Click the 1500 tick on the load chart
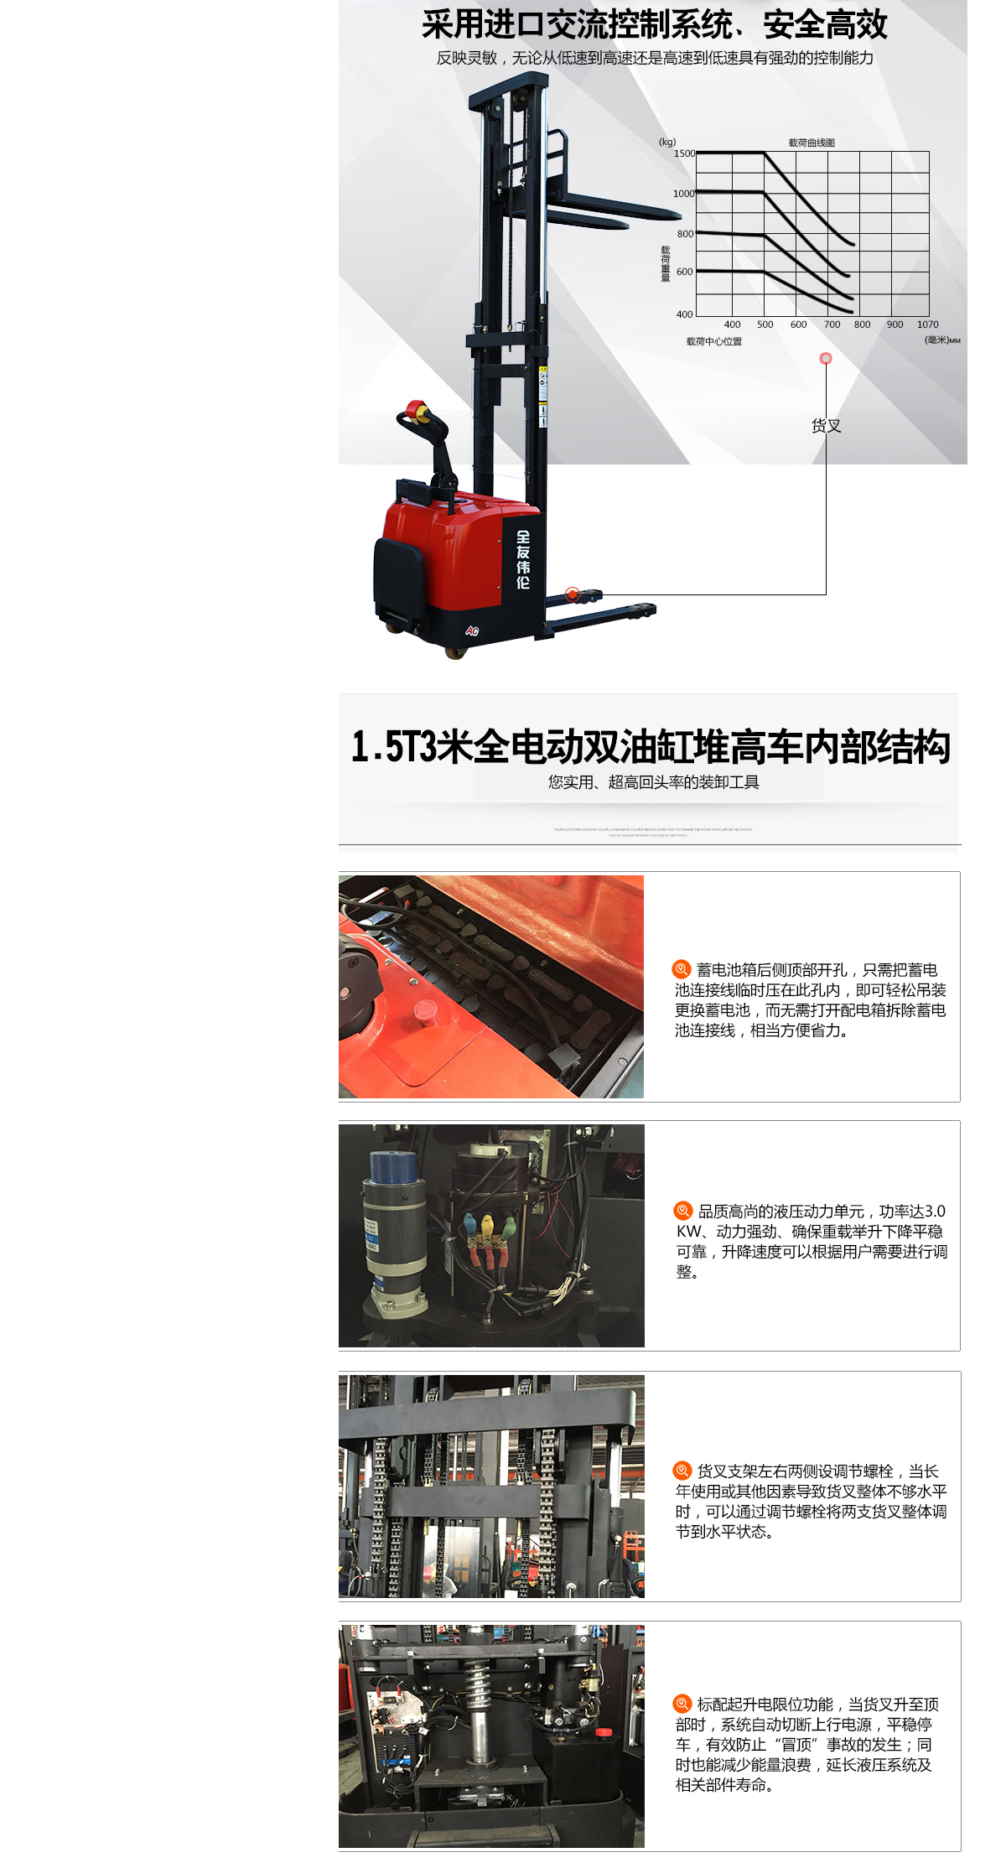click(684, 153)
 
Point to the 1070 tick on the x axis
click(927, 324)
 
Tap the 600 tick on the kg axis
click(684, 272)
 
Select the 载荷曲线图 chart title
click(811, 143)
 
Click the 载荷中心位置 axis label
click(713, 341)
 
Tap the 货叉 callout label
click(826, 426)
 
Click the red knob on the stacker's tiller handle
click(414, 410)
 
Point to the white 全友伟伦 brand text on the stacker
click(522, 559)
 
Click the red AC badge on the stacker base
click(472, 631)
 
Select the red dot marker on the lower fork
click(572, 594)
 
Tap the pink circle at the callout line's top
click(826, 359)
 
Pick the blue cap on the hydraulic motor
click(392, 1166)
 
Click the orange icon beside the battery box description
click(682, 969)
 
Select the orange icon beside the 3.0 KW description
click(682, 1211)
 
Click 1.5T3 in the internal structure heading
click(394, 746)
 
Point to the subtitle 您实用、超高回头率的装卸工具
click(653, 782)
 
